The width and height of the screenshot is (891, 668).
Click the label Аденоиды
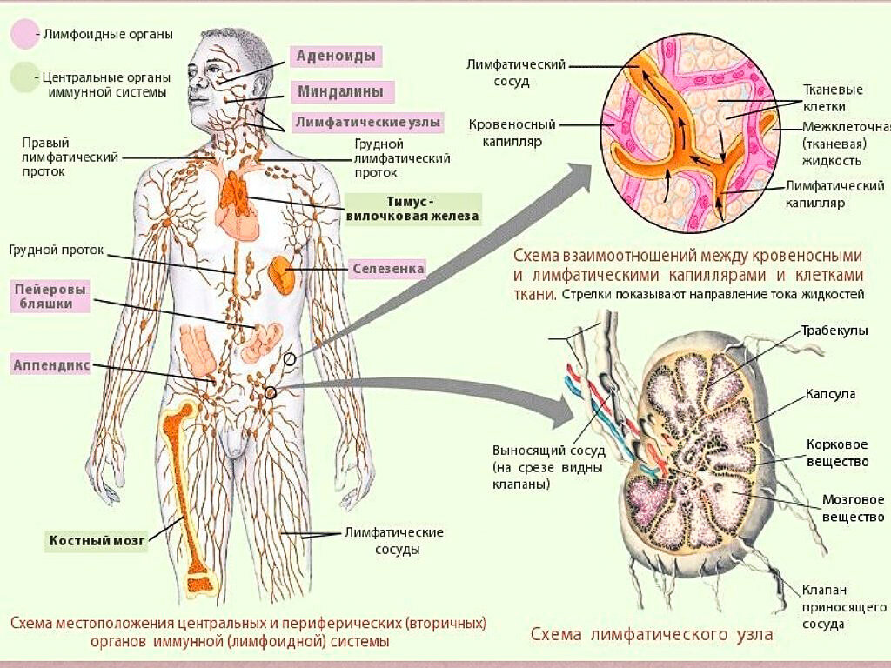pos(335,57)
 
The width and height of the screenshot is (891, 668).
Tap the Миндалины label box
pos(341,91)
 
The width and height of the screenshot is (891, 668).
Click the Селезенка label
pos(388,269)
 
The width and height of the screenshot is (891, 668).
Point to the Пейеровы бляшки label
pos(54,295)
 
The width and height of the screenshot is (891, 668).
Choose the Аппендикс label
pos(52,364)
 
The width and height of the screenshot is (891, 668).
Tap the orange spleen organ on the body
pos(282,275)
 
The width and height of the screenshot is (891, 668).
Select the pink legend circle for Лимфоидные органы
pos(23,34)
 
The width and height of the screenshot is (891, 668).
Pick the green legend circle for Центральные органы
pos(23,77)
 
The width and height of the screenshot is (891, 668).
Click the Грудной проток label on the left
pos(57,250)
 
